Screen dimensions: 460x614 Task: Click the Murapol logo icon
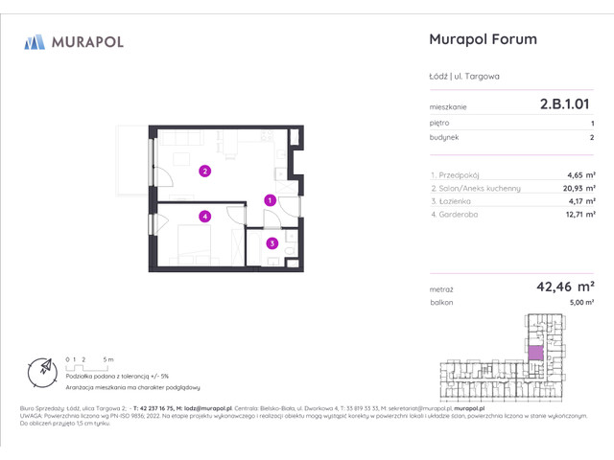35,41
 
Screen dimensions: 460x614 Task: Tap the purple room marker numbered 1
271,200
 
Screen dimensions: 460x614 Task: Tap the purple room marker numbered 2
204,172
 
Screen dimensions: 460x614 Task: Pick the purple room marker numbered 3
272,243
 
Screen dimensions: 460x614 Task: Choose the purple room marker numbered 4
204,217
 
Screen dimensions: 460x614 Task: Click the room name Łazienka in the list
452,202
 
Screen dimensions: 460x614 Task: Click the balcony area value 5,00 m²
579,302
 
